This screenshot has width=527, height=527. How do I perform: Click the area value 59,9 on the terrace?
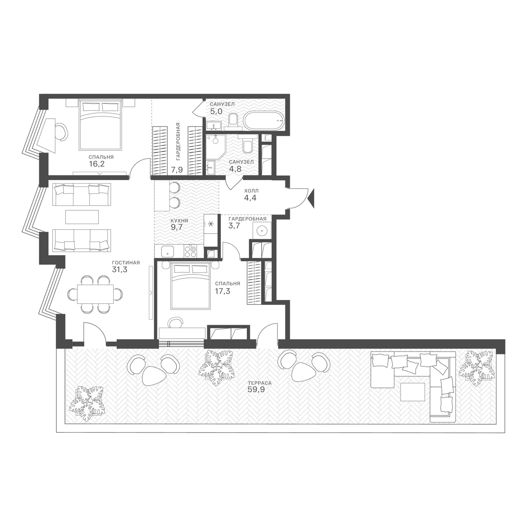tap(256, 390)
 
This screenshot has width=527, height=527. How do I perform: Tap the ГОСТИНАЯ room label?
tap(126, 263)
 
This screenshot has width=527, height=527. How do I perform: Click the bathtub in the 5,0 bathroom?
tap(263, 121)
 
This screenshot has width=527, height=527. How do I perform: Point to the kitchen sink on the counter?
tap(167, 251)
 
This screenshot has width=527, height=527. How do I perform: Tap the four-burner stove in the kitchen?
tap(191, 251)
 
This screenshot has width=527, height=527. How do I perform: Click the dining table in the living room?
tap(95, 294)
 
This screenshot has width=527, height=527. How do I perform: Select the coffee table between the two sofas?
tap(82, 217)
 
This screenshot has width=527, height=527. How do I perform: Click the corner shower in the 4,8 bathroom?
tap(216, 148)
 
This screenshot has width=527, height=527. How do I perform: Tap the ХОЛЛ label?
tap(251, 191)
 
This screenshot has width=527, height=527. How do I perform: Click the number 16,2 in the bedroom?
tap(97, 164)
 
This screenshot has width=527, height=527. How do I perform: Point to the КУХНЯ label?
tap(179, 221)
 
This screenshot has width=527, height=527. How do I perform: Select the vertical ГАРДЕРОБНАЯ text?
tap(178, 141)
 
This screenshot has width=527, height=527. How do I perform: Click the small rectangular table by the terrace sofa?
tap(413, 392)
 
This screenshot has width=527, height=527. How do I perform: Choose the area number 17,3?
tap(222, 291)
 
